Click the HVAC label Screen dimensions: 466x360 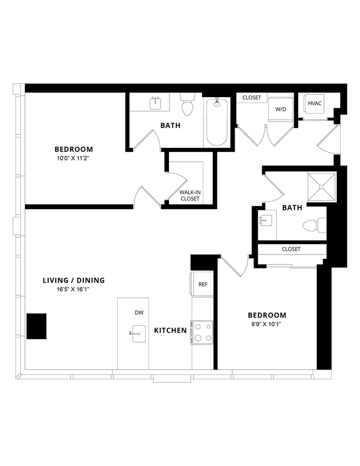tap(315, 104)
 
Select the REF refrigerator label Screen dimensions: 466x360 tap(203, 284)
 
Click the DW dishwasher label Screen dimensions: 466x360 tap(139, 313)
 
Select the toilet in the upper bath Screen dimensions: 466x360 tap(188, 105)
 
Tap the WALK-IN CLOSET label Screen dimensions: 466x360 tap(189, 195)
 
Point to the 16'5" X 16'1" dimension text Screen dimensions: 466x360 tap(73, 289)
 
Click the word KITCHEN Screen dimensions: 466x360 tap(170, 331)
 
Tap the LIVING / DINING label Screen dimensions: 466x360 tap(73, 280)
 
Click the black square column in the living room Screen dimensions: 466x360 tap(36, 326)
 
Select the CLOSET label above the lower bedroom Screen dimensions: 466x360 tap(291, 249)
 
